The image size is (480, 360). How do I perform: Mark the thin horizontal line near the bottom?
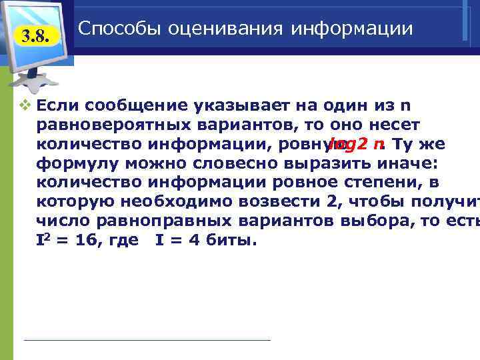click(x=147, y=340)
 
